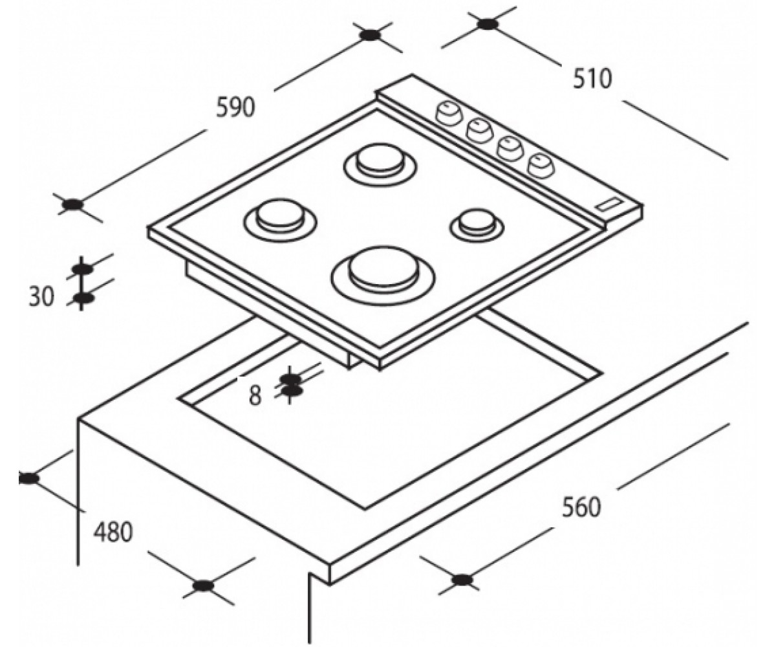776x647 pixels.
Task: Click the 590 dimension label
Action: pos(235,107)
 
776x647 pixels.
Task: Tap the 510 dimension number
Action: pos(592,79)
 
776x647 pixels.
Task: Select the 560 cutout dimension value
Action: pos(581,507)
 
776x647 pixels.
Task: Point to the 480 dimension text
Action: pos(113,532)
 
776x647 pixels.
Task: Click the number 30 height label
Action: pos(41,297)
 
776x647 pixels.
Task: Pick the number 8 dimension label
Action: pos(255,395)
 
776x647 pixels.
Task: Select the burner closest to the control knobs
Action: pos(380,166)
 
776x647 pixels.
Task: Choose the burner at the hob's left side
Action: pos(280,221)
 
